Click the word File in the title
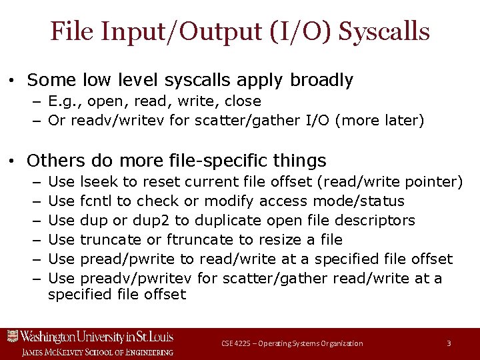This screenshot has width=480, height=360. pyautogui.click(x=71, y=31)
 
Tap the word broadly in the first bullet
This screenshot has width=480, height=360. pyautogui.click(x=321, y=81)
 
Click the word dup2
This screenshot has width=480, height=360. pyautogui.click(x=154, y=220)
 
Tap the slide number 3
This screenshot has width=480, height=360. pyautogui.click(x=449, y=343)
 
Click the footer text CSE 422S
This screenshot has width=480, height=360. pyautogui.click(x=235, y=343)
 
